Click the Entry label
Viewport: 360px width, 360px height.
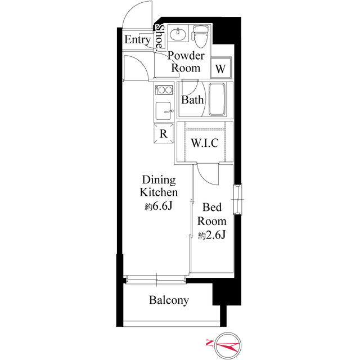pyautogui.click(x=137, y=40)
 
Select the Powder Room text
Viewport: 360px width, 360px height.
pyautogui.click(x=186, y=62)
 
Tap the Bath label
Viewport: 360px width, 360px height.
pyautogui.click(x=192, y=101)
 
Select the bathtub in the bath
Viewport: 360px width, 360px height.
pyautogui.click(x=217, y=100)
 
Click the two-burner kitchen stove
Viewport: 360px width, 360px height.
pyautogui.click(x=164, y=89)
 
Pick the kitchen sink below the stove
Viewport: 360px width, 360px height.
pyautogui.click(x=164, y=111)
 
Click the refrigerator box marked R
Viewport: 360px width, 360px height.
pyautogui.click(x=163, y=133)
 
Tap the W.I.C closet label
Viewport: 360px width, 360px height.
pyautogui.click(x=204, y=143)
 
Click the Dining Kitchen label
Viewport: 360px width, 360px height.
pyautogui.click(x=159, y=186)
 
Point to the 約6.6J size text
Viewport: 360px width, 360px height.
pyautogui.click(x=158, y=206)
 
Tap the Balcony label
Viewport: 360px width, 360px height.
pyautogui.click(x=169, y=300)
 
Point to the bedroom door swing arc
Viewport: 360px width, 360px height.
pyautogui.click(x=206, y=175)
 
